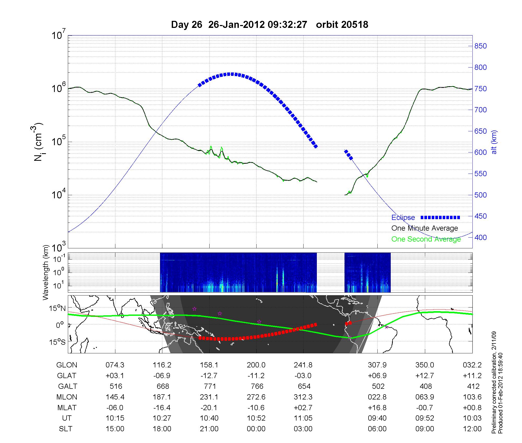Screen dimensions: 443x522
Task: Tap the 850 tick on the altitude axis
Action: tap(481, 46)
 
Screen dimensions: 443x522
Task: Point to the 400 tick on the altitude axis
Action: tap(481, 237)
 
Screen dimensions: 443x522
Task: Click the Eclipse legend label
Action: tap(403, 217)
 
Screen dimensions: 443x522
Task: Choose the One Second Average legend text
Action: tap(426, 239)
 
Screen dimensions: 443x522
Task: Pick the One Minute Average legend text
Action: tap(425, 228)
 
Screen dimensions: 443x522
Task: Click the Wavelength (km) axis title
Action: tap(46, 273)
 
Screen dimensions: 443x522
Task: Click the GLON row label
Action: tap(67, 365)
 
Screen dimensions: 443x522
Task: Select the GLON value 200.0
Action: tap(256, 365)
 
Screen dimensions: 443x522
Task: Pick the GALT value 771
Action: tap(210, 386)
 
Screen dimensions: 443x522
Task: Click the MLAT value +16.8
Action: tap(377, 408)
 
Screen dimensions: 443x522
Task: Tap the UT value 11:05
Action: tap(303, 418)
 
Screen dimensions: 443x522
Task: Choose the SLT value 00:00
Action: tap(256, 429)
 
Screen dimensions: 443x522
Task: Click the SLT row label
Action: tap(66, 429)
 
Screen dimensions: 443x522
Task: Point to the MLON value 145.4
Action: tap(115, 397)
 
